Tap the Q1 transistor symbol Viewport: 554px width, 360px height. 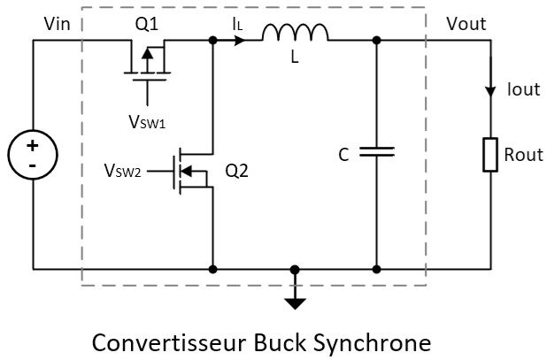[x=146, y=61]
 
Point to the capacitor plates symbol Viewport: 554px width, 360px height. [x=377, y=153]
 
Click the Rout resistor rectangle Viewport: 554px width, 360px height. [x=491, y=155]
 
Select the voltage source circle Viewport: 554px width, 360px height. [x=33, y=155]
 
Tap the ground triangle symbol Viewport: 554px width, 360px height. [x=296, y=303]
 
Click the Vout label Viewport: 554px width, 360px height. [x=466, y=24]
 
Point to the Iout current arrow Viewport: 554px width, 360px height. [x=491, y=91]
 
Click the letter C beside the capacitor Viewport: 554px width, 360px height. [x=343, y=155]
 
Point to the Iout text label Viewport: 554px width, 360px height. [x=522, y=89]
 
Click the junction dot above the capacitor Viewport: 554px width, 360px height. [x=377, y=40]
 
